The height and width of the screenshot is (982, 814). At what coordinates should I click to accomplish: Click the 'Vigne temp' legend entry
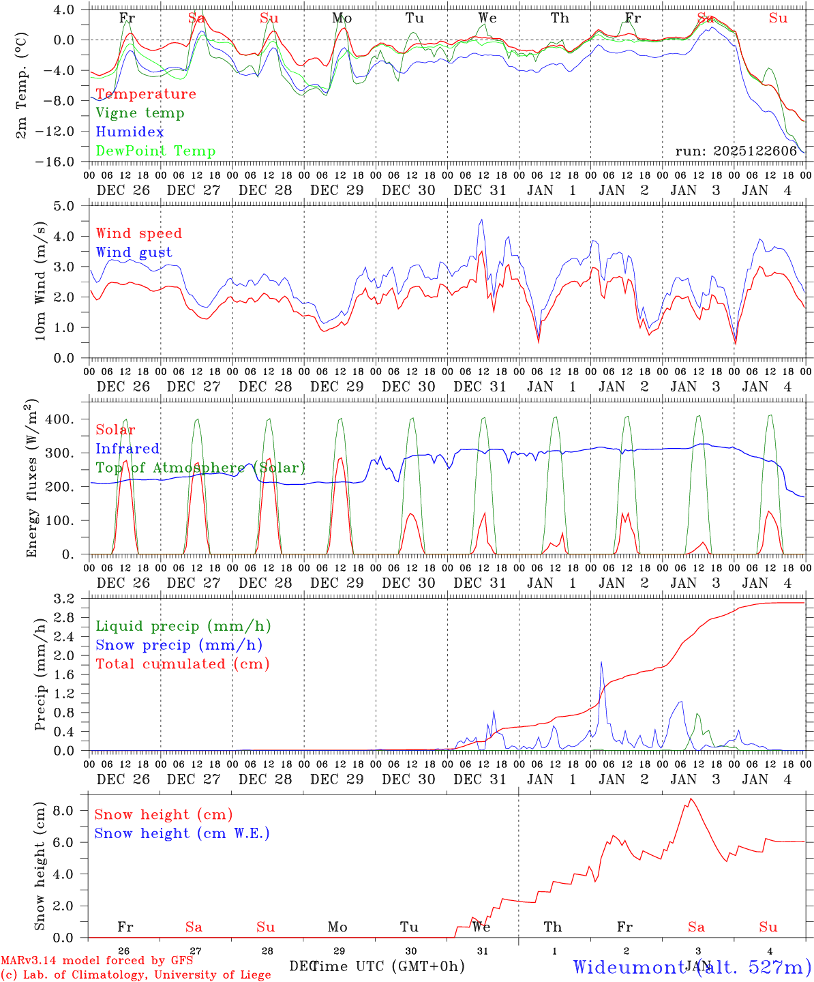point(140,113)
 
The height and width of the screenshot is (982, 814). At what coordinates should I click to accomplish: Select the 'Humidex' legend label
point(130,132)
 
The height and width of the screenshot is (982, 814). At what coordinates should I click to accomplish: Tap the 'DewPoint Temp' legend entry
point(155,151)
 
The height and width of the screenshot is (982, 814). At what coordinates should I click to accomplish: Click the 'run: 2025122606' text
point(736,151)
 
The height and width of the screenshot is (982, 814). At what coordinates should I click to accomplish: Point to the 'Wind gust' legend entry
point(134,252)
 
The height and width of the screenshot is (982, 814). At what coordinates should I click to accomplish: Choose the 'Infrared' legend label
point(127,449)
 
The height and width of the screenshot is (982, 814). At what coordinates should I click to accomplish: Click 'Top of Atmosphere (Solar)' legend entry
point(200,468)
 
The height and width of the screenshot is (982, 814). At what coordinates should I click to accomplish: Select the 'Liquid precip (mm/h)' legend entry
point(183,626)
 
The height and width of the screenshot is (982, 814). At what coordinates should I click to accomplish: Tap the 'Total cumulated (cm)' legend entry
point(183,664)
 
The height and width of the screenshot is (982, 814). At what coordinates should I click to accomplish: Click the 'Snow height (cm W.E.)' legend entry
point(182,833)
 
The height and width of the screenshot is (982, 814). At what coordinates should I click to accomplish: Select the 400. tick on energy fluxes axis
point(60,419)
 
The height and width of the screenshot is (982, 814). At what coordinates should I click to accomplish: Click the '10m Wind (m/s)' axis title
point(40,281)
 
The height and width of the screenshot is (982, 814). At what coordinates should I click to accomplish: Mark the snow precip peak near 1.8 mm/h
point(601,661)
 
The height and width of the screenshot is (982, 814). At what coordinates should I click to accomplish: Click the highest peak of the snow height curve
point(691,799)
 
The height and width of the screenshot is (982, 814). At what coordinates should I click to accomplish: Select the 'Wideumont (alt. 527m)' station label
point(691,967)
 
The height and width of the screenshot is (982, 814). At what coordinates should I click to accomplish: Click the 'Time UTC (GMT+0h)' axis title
point(387,966)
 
